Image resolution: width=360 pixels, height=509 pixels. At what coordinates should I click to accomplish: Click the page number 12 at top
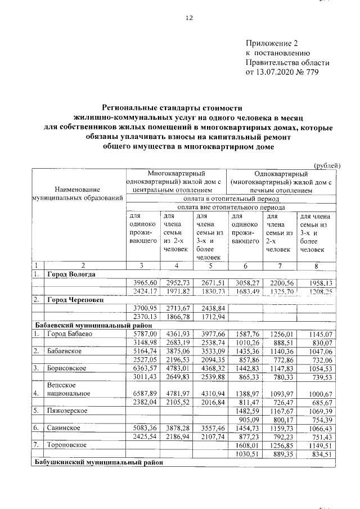tap(190, 18)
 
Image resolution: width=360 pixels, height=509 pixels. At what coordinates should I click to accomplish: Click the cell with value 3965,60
tap(142, 283)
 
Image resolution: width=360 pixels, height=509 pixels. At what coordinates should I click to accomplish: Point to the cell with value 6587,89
tap(142, 394)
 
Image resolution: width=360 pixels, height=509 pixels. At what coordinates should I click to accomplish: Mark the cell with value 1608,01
tap(245, 445)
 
